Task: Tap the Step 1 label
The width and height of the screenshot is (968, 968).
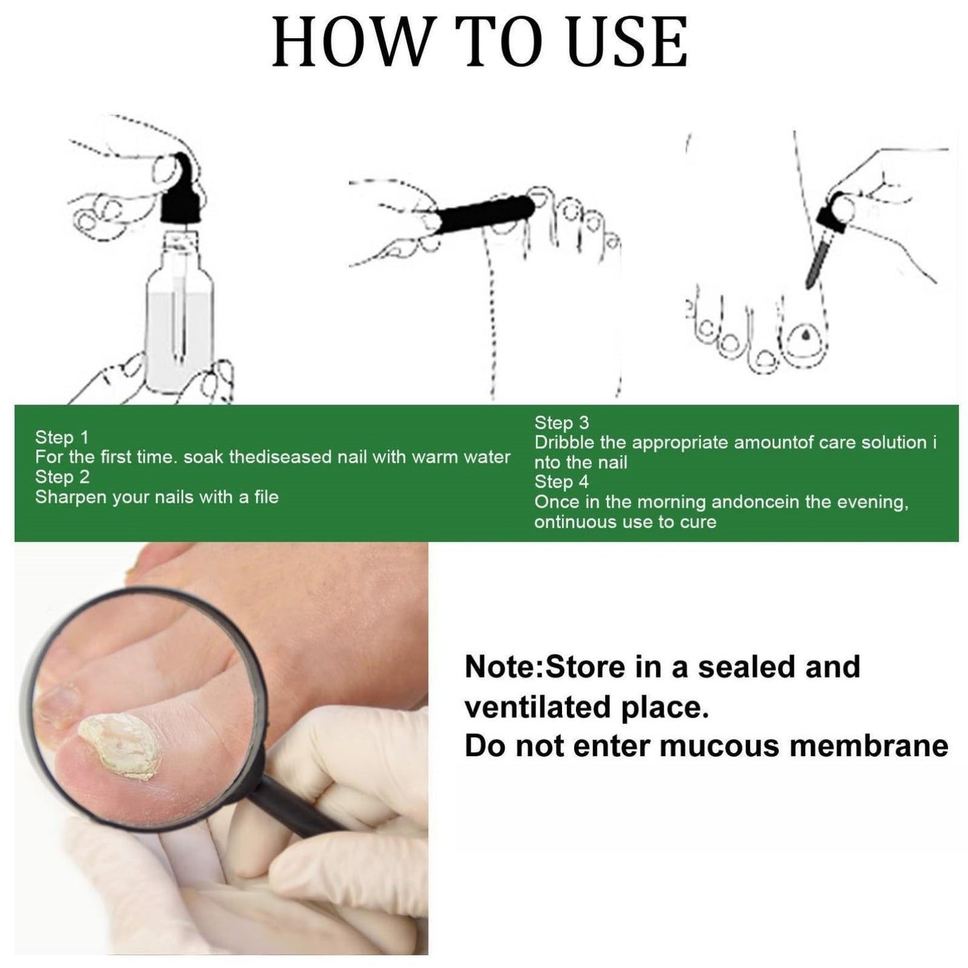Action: point(61,437)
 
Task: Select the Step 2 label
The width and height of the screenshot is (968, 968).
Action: point(62,477)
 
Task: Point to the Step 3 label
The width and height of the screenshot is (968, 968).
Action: point(561,423)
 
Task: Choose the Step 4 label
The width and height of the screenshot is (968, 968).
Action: point(561,482)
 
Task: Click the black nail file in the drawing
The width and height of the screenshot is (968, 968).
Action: point(481,214)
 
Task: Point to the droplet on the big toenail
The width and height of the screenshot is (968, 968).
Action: point(805,334)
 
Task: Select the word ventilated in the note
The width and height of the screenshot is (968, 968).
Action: point(535,707)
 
